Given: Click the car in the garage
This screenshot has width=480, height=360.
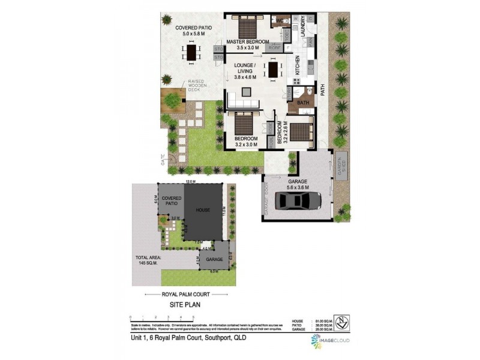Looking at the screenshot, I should coord(296,200).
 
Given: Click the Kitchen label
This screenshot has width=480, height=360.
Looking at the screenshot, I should coord(296,65).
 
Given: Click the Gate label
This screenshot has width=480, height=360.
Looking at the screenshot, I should coord(161,159).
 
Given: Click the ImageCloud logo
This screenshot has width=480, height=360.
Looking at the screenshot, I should coord(330,340).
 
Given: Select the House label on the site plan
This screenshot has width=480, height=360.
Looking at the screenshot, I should coord(202,211).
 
